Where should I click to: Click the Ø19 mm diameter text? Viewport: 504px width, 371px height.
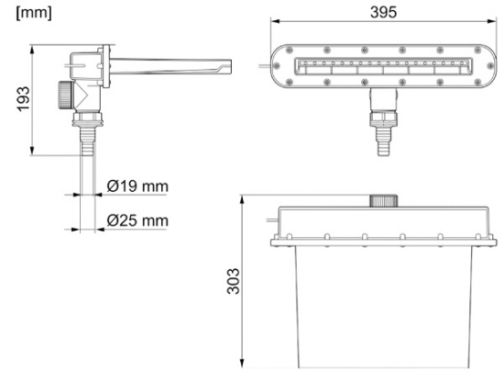[x=137, y=186]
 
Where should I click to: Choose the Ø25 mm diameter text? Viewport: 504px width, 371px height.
[x=137, y=220]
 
